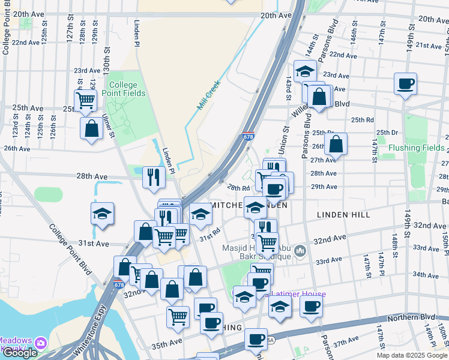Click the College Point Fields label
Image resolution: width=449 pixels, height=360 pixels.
123,89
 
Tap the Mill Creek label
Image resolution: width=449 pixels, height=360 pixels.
209,95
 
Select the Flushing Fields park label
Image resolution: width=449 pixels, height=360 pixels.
416,148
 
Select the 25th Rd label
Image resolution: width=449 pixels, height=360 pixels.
362,120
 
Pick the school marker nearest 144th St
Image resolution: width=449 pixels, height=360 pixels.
305,71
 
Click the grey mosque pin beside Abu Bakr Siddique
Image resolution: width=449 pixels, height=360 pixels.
301,250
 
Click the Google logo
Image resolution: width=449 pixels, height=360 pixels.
20,353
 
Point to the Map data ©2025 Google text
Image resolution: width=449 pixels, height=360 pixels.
411,355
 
